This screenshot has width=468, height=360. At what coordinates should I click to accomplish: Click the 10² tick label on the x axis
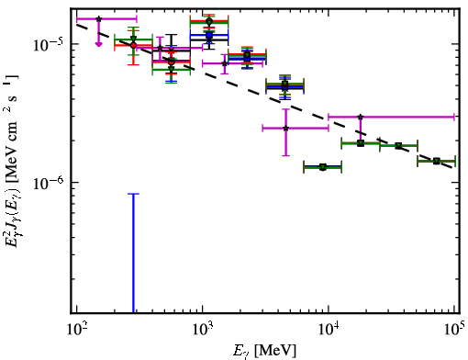point(77,329)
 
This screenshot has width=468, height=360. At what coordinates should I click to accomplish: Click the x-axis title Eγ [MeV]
point(265,351)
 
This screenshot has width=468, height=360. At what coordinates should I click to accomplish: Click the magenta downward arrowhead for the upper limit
point(98,44)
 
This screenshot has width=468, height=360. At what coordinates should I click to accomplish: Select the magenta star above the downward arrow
point(98,19)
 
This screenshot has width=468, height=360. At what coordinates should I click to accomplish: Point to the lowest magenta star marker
point(285,129)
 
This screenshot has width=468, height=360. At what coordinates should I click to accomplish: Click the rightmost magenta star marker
point(361,117)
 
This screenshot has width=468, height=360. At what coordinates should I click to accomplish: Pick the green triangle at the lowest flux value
point(323,167)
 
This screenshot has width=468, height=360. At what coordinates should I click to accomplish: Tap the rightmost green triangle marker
point(437,161)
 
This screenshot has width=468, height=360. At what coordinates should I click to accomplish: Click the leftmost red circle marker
point(133,45)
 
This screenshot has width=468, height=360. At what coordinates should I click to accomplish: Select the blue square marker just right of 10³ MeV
point(209,35)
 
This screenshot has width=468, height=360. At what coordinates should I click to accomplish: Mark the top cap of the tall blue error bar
point(133,194)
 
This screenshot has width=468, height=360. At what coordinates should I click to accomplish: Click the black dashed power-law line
point(264,96)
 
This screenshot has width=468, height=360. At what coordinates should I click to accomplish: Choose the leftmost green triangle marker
point(133,39)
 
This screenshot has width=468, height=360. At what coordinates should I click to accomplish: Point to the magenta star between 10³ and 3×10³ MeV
point(225,63)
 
